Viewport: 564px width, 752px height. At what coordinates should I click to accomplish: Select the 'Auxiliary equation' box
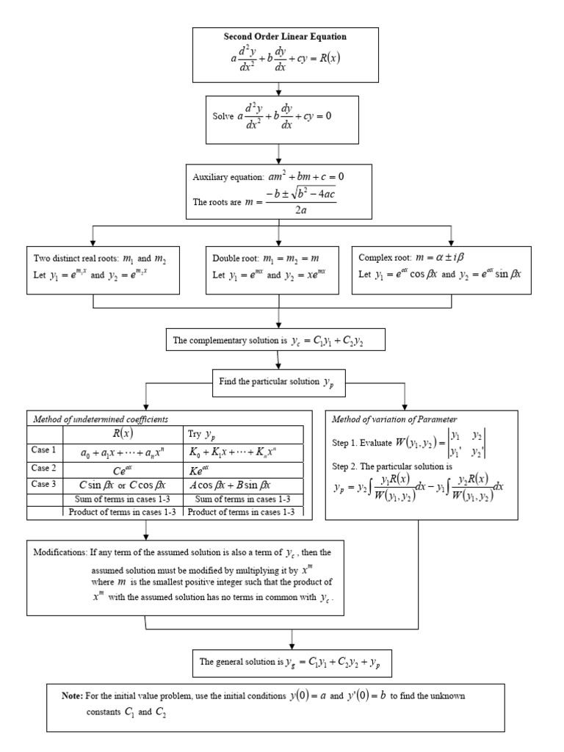(279, 191)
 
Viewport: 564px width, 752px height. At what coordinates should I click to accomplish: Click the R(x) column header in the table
(116, 433)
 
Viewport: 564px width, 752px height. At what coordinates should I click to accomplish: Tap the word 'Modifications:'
(60, 551)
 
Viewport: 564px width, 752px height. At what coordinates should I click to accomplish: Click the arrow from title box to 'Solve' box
(279, 89)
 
